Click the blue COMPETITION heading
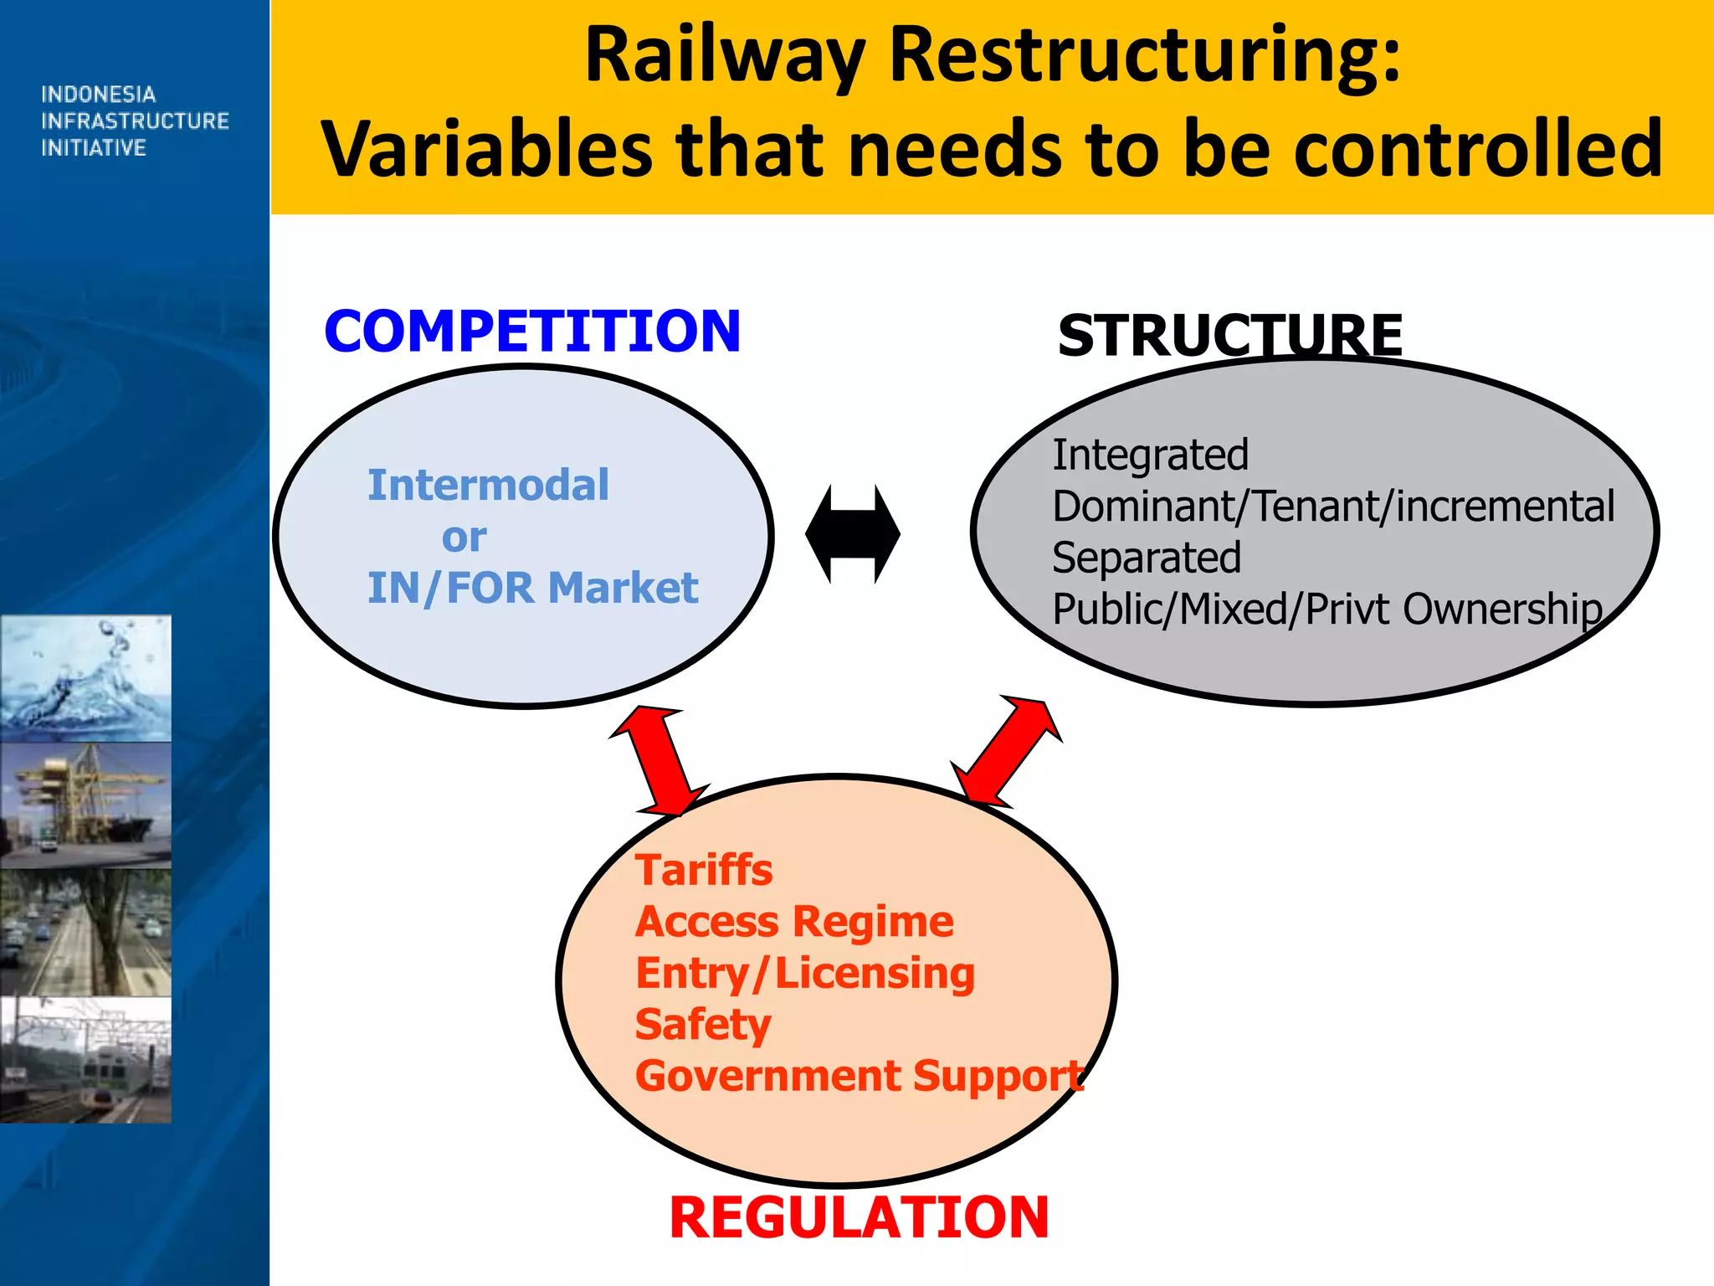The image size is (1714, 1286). [x=532, y=331]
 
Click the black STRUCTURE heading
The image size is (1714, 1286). [x=1229, y=335]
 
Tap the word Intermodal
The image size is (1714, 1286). [x=488, y=486]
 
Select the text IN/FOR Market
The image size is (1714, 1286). [x=532, y=588]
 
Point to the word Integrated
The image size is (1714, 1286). [x=1150, y=455]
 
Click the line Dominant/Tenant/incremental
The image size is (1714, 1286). [x=1332, y=507]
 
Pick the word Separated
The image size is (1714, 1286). [x=1146, y=558]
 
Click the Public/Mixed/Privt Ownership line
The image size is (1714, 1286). [x=1327, y=610]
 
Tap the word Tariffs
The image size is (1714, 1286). [x=704, y=870]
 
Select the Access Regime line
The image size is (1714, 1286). [x=793, y=922]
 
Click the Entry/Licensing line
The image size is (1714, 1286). [x=804, y=974]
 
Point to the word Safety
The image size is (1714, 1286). [x=703, y=1025]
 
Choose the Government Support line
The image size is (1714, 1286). [x=859, y=1077]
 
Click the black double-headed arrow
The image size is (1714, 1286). [x=852, y=534]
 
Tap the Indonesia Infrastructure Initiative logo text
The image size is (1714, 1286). [x=134, y=121]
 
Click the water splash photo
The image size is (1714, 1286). [x=85, y=678]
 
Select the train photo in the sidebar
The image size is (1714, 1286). [x=85, y=1059]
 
